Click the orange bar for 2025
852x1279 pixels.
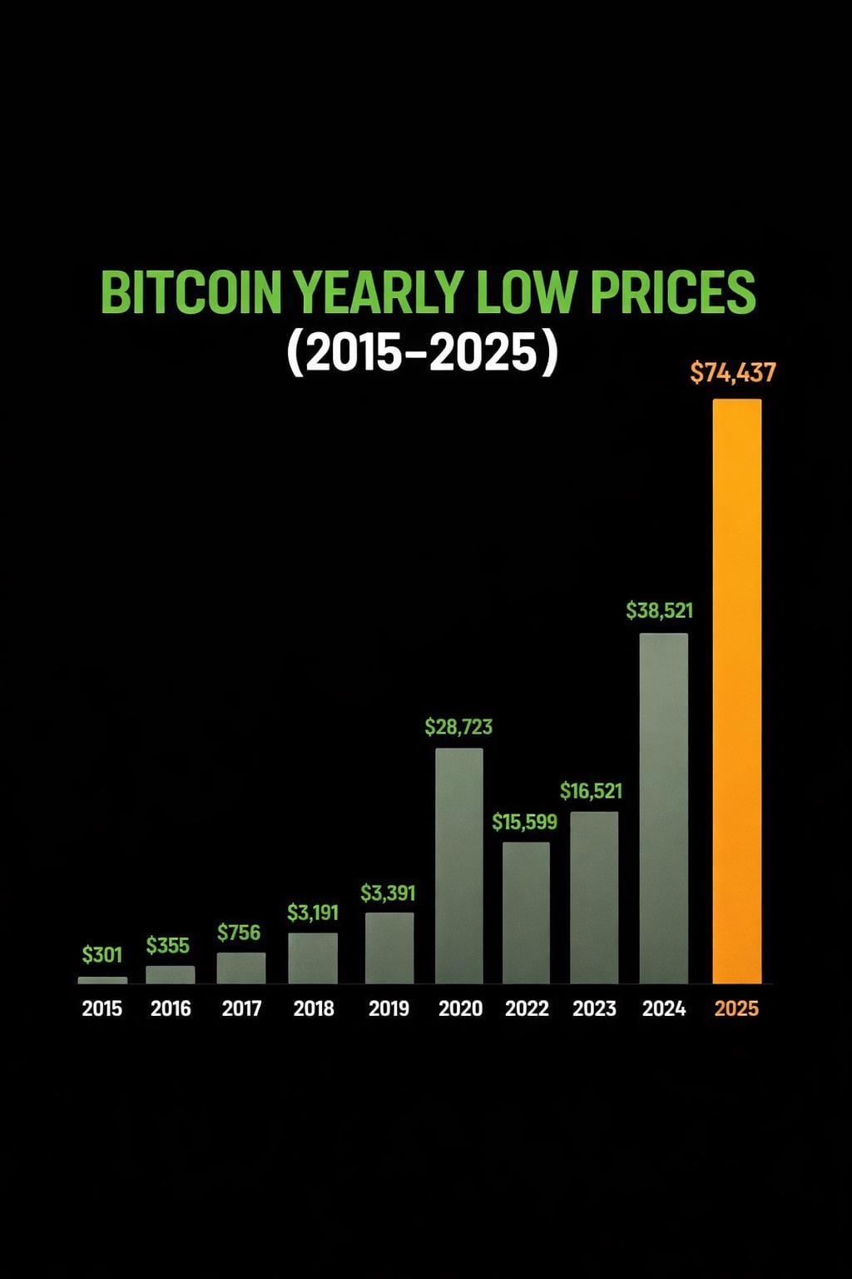737,691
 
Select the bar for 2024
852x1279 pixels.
664,808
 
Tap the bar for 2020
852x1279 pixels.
459,866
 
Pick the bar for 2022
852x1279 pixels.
526,913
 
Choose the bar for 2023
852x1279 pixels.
594,898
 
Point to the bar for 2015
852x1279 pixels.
102,980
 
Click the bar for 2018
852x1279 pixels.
313,958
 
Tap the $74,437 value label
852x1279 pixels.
733,372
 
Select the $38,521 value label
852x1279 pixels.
659,610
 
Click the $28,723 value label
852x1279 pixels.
458,727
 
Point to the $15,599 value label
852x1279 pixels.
524,822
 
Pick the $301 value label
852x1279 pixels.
102,954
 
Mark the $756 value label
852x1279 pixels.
239,933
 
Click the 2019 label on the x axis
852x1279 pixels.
389,1008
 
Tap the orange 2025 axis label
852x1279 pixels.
736,1008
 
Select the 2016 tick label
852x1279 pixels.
171,1008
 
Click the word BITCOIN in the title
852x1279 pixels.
191,292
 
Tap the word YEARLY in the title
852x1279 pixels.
379,292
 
